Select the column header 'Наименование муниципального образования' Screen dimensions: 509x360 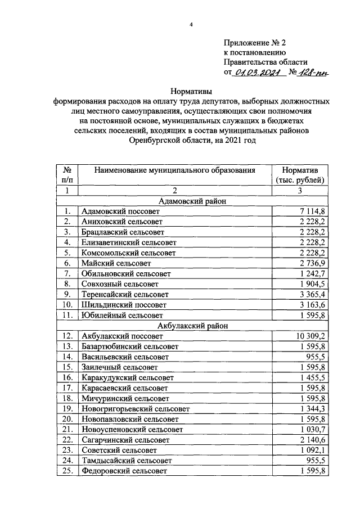[174, 170]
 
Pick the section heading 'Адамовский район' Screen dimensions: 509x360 [191, 201]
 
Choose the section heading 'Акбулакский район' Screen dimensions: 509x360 [191, 325]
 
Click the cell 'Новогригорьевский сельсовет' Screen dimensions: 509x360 [136, 408]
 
